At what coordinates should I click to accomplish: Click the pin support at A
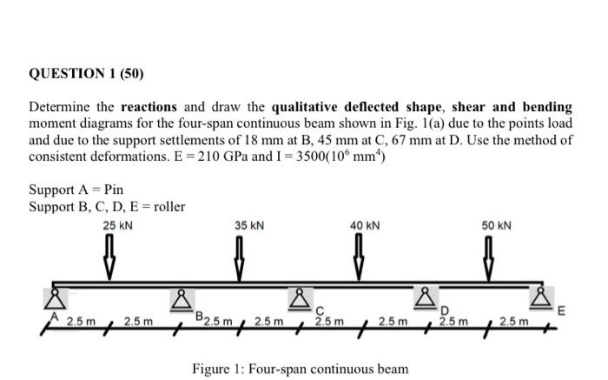click(x=52, y=300)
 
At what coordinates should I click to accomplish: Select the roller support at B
click(x=182, y=301)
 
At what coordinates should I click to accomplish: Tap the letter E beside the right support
click(x=560, y=310)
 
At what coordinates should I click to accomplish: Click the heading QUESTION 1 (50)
click(x=85, y=71)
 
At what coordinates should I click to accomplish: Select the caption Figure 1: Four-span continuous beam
click(x=300, y=369)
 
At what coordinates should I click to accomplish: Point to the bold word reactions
click(x=148, y=108)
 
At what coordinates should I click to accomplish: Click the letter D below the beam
click(x=443, y=314)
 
